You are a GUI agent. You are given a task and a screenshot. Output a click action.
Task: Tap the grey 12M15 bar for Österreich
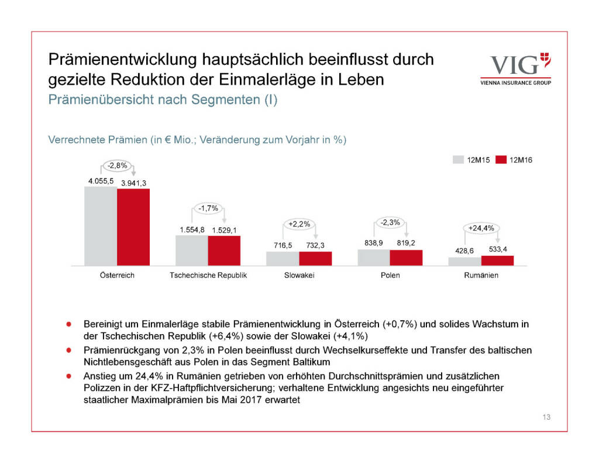click(101, 226)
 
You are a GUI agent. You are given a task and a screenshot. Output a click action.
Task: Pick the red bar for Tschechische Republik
click(224, 251)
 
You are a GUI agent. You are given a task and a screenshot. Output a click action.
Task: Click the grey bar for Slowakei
click(283, 258)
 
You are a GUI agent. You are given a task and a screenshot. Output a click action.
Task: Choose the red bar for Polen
click(406, 258)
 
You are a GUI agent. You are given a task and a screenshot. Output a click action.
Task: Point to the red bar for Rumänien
click(497, 260)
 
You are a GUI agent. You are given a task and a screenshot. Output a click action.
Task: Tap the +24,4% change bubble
click(482, 228)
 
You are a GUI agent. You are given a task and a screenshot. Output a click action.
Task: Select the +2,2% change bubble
click(299, 224)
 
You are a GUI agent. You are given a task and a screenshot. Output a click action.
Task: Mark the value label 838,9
click(373, 243)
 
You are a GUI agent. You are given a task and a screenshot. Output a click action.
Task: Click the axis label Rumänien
click(482, 275)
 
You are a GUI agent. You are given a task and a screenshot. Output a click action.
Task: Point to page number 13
click(546, 417)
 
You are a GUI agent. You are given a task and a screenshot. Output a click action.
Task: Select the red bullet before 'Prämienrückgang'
click(69, 350)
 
